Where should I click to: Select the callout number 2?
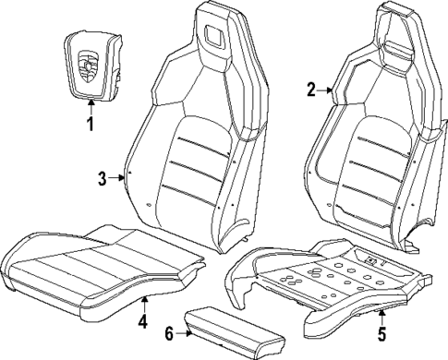coord(311,90)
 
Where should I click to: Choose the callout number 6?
coord(168,335)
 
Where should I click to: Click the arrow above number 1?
coord(91,106)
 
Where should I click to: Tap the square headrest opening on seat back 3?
coord(220,36)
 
